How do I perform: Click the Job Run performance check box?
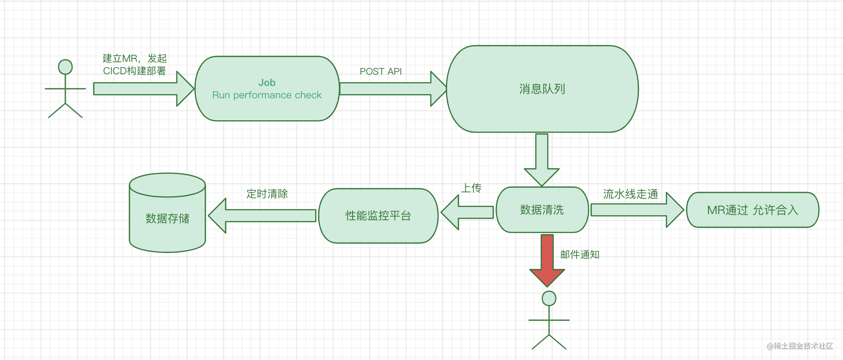(x=267, y=89)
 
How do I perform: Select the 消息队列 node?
(x=542, y=89)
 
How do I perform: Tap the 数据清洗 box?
(x=542, y=209)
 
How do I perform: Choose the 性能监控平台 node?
(x=378, y=216)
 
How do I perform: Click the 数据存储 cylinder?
(x=167, y=213)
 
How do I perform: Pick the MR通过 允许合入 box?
(x=753, y=210)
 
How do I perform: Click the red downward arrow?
(x=547, y=260)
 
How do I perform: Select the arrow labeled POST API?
(x=393, y=89)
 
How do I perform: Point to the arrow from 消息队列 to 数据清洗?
(x=542, y=160)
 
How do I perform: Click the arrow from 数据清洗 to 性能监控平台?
(x=467, y=212)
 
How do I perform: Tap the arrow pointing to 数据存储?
(x=262, y=216)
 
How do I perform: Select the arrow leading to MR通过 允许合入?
(x=637, y=210)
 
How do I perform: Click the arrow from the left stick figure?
(x=144, y=89)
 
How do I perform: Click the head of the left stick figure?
(x=65, y=67)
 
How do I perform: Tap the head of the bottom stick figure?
(x=549, y=298)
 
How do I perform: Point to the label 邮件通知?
(x=580, y=255)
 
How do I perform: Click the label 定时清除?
(x=267, y=194)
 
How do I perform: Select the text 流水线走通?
(x=631, y=194)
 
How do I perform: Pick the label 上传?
(x=472, y=188)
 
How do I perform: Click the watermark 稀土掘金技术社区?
(x=800, y=346)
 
